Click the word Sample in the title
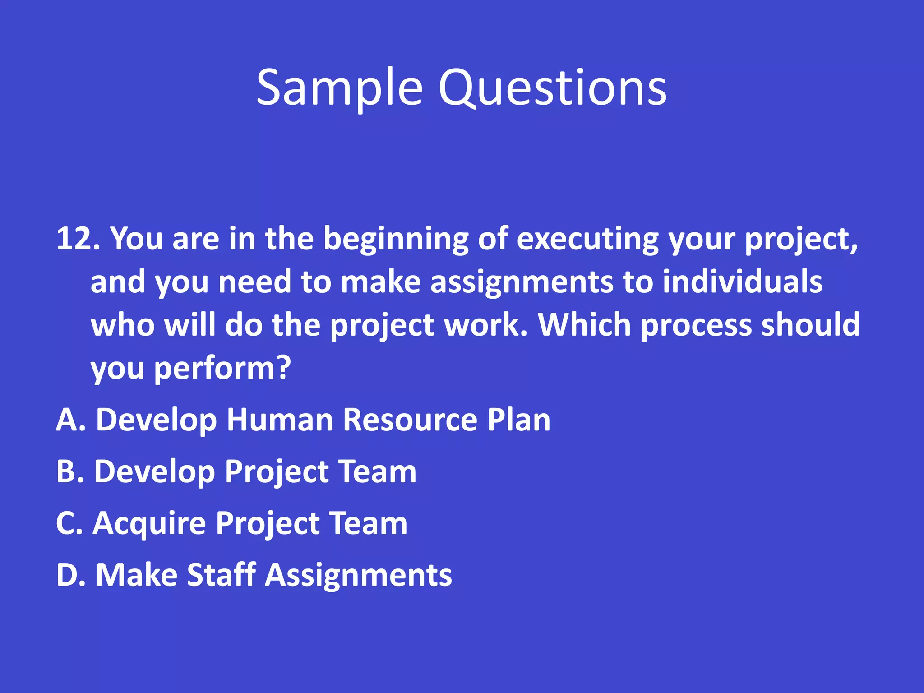339,88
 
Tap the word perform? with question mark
222,369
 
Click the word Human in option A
280,420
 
